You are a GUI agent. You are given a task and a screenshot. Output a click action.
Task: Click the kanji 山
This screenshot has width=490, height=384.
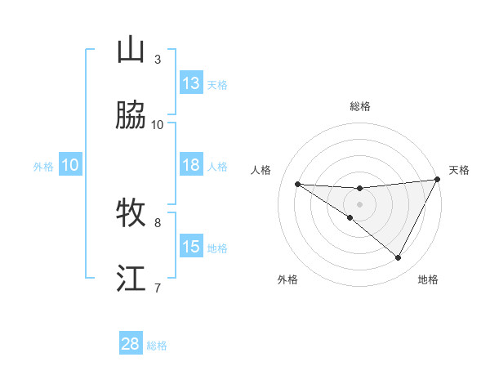[x=131, y=51]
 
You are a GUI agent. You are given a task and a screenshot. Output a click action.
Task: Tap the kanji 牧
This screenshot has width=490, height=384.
[x=131, y=212]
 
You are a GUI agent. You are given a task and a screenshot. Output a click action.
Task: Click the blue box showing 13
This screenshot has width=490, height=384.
[x=191, y=83]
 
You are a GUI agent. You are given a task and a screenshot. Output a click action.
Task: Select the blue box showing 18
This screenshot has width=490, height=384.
[x=191, y=165]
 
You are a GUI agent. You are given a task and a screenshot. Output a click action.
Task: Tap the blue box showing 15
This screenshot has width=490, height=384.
[x=191, y=247]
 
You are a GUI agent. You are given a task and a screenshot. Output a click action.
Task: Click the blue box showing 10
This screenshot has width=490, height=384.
[x=70, y=165]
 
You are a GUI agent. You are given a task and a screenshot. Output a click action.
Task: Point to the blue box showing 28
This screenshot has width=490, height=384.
[x=131, y=344]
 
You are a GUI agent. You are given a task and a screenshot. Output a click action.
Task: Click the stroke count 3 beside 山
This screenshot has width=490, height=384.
[x=158, y=60]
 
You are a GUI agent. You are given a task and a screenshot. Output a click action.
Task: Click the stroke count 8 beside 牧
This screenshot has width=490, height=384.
[x=158, y=221]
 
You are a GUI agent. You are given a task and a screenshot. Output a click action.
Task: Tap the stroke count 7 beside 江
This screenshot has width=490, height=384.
[x=158, y=287]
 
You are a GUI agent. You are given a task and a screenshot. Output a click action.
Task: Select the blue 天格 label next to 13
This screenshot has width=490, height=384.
[x=217, y=84]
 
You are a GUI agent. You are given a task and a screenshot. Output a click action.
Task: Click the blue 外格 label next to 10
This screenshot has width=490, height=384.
[x=43, y=166]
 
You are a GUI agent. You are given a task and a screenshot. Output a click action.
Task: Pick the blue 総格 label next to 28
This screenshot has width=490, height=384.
[x=157, y=345]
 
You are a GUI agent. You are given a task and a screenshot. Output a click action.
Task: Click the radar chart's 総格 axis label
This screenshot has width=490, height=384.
[x=359, y=106]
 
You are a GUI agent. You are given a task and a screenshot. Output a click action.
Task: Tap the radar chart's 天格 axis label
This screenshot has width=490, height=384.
[x=459, y=170]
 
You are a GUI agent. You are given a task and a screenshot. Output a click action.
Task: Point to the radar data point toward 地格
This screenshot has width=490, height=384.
[x=399, y=258]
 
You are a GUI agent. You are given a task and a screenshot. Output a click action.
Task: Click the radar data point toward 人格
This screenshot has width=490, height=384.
[x=297, y=184]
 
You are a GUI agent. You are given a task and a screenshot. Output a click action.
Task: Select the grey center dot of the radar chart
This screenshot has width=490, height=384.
[x=359, y=203]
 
